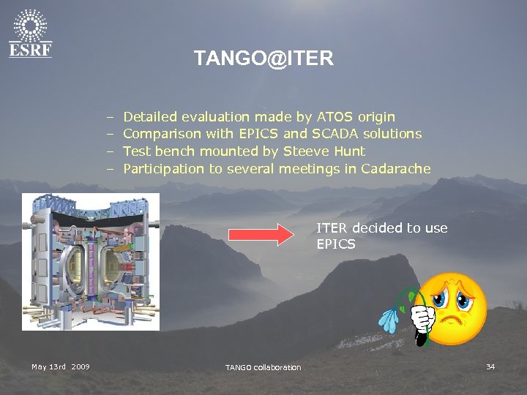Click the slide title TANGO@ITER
coord(263,59)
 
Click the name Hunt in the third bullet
coord(347,151)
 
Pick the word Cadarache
coord(395,169)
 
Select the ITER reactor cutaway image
coord(91,261)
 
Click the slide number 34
coord(490,366)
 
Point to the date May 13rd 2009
coord(61,366)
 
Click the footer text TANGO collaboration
coord(263,367)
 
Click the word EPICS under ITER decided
coord(336,244)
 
